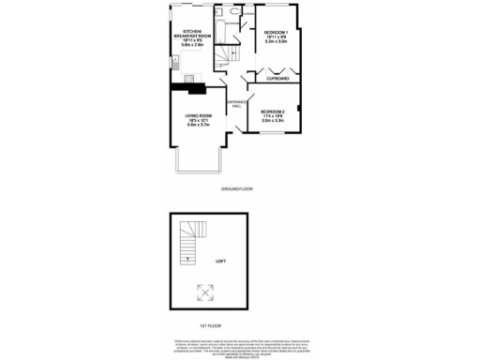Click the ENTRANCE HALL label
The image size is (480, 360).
pyautogui.click(x=235, y=104)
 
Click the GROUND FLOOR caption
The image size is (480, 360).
pyautogui.click(x=237, y=188)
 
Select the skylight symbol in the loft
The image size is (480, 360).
pyautogui.click(x=203, y=292)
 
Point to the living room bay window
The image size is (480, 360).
pyautogui.click(x=197, y=166)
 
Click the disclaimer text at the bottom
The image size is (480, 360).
pyautogui.click(x=240, y=347)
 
